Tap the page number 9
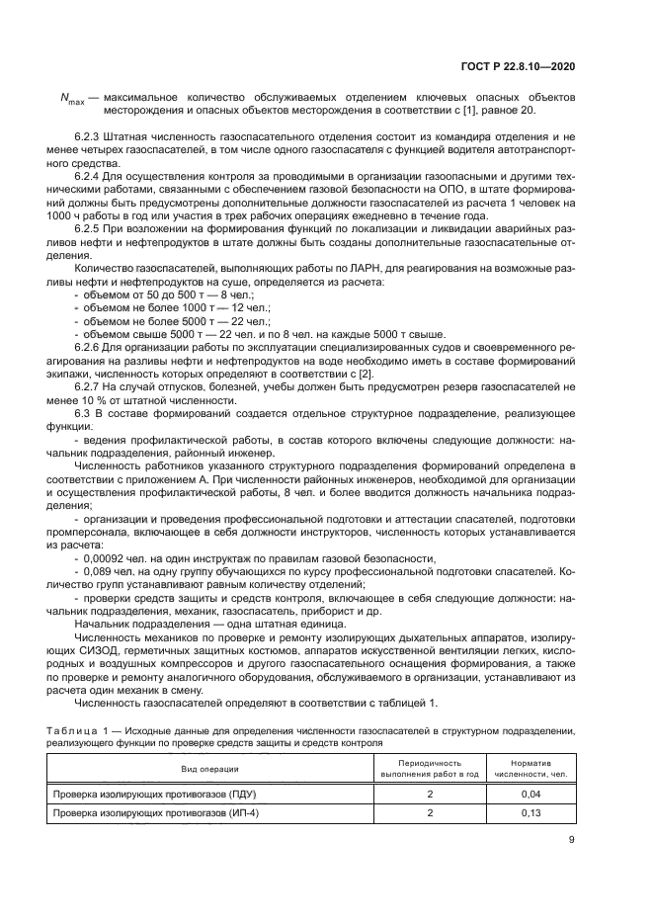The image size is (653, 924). click(571, 841)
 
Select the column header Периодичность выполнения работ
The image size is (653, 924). click(430, 769)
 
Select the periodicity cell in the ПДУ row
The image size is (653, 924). click(430, 794)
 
